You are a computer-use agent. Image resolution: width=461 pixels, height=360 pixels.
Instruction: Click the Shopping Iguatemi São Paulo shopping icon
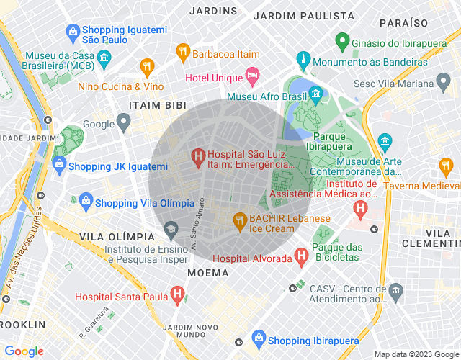[x=73, y=32]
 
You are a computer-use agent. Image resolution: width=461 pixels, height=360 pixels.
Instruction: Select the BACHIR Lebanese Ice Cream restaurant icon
[x=239, y=220]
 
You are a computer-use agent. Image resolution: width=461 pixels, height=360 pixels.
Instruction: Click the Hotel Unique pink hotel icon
[x=252, y=75]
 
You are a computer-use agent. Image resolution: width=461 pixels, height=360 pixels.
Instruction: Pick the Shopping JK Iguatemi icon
[x=59, y=166]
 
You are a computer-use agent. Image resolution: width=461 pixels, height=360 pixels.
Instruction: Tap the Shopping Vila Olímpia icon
[x=86, y=200]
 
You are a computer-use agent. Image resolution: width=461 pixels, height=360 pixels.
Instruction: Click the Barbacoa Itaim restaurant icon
[x=183, y=52]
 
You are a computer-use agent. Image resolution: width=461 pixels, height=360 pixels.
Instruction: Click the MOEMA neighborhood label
[x=208, y=273]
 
